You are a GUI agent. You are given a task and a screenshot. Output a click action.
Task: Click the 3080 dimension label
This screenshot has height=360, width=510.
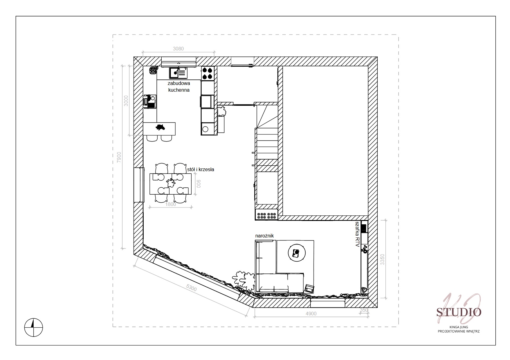click(x=178, y=49)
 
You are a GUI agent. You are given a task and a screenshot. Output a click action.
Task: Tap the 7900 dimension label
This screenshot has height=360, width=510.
click(x=119, y=157)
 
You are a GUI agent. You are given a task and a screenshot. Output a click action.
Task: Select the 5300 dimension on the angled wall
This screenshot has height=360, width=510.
click(x=191, y=288)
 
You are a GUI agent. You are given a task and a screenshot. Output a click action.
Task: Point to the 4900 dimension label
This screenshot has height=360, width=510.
click(x=311, y=314)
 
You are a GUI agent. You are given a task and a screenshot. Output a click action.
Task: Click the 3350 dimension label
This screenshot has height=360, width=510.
click(x=383, y=259)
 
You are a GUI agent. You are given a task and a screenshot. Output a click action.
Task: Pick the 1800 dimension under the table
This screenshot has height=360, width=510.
click(x=171, y=204)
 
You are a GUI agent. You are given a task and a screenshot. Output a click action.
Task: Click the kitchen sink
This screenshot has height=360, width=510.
click(x=178, y=73)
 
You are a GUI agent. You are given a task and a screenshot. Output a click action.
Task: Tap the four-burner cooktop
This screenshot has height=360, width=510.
click(x=207, y=73)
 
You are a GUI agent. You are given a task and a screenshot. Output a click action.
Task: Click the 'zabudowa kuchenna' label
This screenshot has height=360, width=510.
click(x=179, y=86)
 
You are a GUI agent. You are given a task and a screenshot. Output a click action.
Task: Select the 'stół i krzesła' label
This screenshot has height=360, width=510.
click(x=200, y=169)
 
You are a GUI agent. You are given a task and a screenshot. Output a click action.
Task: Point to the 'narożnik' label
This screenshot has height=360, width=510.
click(x=265, y=236)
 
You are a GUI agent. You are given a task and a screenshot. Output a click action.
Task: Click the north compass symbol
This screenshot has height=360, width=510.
click(x=34, y=327)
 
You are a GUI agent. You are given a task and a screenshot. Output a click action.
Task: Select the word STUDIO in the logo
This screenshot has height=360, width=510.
click(x=459, y=312)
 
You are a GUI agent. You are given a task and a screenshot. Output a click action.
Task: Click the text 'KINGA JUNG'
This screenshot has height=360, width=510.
click(x=459, y=327)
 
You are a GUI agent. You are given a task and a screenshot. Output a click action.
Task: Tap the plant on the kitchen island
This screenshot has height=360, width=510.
click(x=160, y=127)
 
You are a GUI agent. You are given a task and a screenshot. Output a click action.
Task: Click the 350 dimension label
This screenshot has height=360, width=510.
click(x=364, y=310)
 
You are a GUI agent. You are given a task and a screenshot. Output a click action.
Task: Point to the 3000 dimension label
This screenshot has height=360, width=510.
click(x=126, y=101)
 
